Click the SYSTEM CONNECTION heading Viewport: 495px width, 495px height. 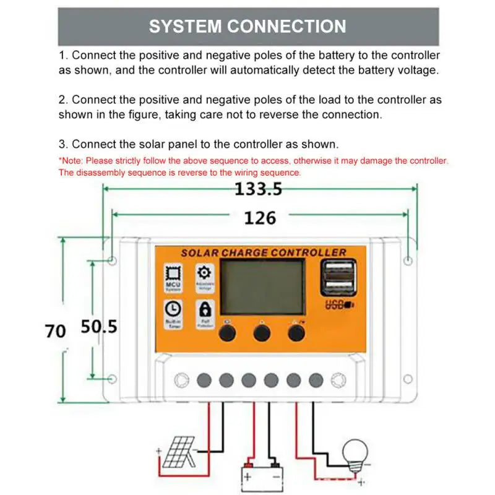247,27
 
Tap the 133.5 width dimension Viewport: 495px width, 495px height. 258,189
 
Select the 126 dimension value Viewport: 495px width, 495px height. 260,217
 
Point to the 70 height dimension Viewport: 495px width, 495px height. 55,330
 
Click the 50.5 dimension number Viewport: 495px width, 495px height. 99,327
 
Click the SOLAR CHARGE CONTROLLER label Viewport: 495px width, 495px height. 263,252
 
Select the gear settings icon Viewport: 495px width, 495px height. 204,273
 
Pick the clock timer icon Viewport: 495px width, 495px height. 173,309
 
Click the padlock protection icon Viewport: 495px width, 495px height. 204,309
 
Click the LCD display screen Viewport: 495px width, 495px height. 263,287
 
